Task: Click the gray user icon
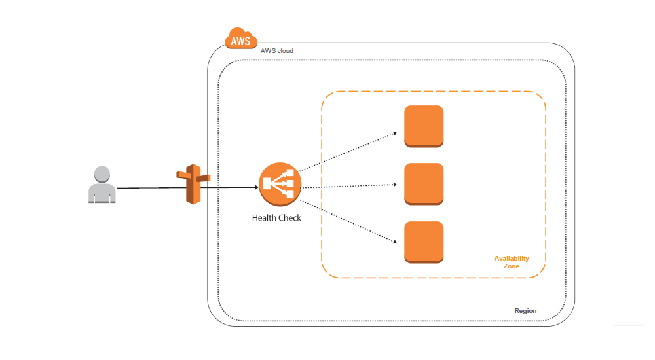tap(102, 185)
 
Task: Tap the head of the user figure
tap(102, 174)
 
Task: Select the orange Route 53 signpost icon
tap(192, 185)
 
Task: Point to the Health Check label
tap(276, 217)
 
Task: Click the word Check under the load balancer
tap(289, 217)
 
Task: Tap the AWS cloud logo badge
tap(241, 39)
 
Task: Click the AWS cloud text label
tap(276, 51)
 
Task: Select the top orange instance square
tap(424, 125)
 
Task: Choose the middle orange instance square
tap(424, 183)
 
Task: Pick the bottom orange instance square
tap(424, 242)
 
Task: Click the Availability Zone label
tap(512, 262)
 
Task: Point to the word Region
tap(525, 311)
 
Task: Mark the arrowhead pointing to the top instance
tap(395, 133)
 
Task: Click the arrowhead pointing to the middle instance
tap(395, 184)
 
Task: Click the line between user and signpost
tap(147, 188)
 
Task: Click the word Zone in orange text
tap(512, 266)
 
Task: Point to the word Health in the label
tap(264, 217)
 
